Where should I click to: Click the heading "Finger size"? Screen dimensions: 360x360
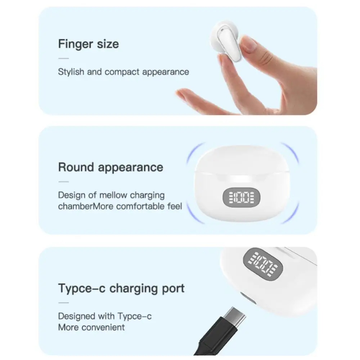88,44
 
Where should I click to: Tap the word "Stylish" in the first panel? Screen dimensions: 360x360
71,72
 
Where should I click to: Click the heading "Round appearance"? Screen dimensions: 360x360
111,167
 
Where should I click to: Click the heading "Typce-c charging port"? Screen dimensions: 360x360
121,288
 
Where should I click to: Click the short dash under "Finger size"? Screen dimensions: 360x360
63,58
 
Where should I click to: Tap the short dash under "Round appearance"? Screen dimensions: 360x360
63,181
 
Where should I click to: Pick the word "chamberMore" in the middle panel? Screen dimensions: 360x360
81,206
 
